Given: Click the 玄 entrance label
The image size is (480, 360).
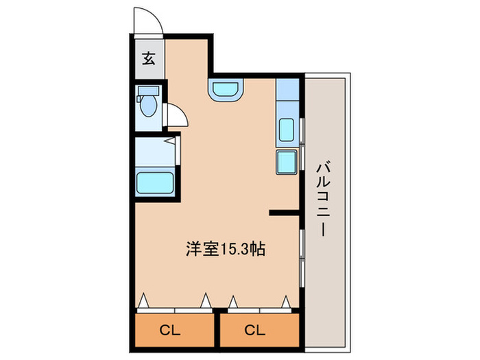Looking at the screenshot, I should click(149, 58).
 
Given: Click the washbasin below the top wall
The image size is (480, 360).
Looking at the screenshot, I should click(226, 90).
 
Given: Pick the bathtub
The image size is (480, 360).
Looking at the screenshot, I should click(155, 183).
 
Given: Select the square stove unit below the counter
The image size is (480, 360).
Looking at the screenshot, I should click(287, 163).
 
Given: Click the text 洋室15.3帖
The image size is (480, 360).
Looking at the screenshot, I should click(225, 249).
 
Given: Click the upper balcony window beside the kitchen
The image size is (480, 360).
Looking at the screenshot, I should click(302, 131).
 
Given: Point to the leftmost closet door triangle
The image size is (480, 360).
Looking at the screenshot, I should click(144, 301).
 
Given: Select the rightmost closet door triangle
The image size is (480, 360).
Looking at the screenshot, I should click(285, 300).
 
